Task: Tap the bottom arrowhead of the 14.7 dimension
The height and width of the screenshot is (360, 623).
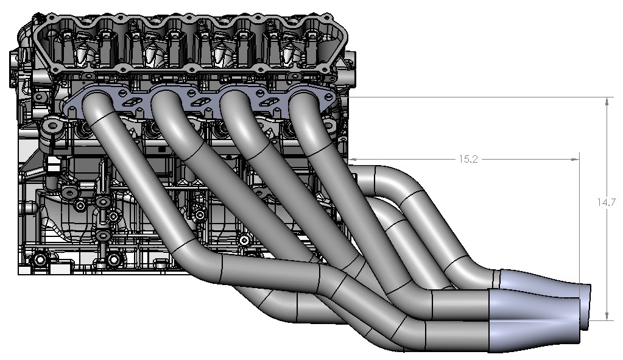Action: point(607,316)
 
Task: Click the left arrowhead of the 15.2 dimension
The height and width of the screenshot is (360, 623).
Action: point(355,160)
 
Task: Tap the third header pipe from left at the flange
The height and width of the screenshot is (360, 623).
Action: point(234,101)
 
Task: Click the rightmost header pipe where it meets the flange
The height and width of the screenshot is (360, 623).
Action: point(303,101)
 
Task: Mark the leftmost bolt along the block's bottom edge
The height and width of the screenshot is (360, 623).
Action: point(40,260)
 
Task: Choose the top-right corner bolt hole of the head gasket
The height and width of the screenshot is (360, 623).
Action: point(337,28)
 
